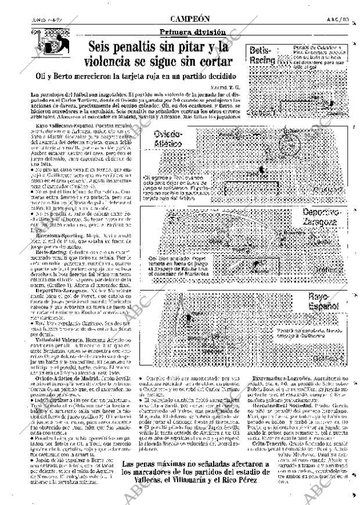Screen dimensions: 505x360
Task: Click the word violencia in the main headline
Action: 123,62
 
